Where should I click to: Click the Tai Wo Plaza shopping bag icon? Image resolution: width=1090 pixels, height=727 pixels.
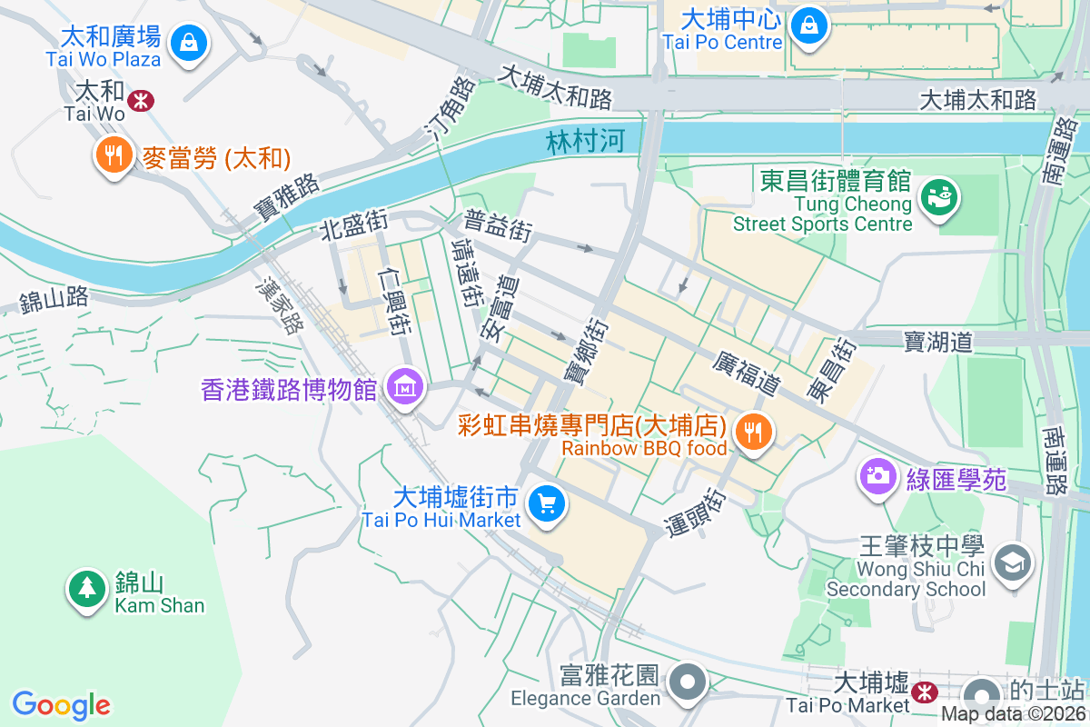tap(188, 42)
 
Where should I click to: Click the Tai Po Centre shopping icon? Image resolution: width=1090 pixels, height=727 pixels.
tap(808, 24)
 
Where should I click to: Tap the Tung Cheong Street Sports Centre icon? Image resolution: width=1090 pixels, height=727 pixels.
tap(939, 196)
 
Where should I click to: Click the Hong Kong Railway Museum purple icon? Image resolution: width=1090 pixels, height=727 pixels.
tap(404, 388)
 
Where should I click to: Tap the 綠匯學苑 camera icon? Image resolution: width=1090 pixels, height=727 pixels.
tap(877, 475)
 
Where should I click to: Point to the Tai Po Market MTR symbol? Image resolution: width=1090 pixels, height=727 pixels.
tap(925, 692)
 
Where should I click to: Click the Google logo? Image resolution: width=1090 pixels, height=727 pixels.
tap(61, 705)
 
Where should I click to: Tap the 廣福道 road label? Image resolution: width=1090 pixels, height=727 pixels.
tap(747, 373)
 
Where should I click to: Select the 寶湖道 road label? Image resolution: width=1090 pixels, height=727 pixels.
tap(938, 341)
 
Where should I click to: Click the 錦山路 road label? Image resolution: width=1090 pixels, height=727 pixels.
tap(54, 297)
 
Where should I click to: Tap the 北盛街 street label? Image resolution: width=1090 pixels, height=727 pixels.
tap(354, 226)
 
